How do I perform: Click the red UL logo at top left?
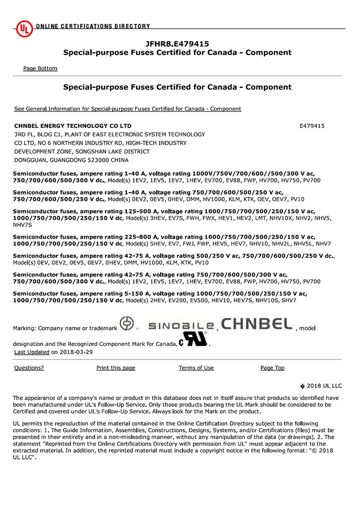tap(24, 29)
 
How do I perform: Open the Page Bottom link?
tap(40, 68)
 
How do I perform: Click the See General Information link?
tap(127, 109)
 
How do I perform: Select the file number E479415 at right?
tap(312, 126)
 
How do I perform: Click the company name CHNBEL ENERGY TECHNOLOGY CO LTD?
tap(73, 126)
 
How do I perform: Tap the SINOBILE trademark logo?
tap(181, 326)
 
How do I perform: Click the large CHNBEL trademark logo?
tap(257, 325)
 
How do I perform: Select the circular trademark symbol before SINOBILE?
tap(127, 324)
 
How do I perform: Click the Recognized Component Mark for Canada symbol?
tap(193, 342)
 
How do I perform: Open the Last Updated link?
tap(32, 352)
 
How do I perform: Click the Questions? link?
tap(29, 368)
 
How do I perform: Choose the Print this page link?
tap(116, 368)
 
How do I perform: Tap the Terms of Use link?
tap(196, 368)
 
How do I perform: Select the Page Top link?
tap(272, 368)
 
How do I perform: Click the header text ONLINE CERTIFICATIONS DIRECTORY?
tap(93, 26)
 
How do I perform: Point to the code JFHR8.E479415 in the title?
tap(177, 44)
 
